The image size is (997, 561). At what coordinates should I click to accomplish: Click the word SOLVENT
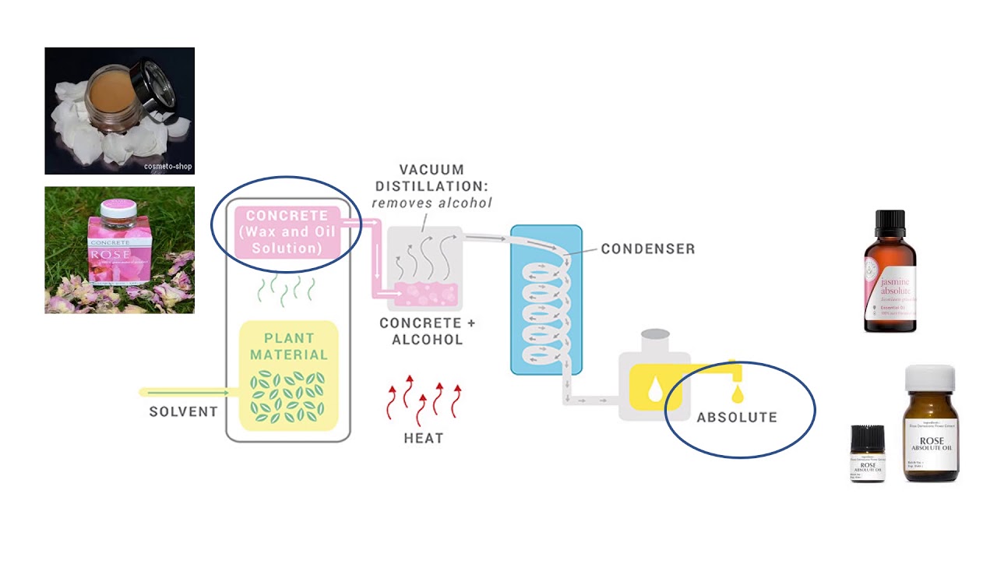coord(183,411)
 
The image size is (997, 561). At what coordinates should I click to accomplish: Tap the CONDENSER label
coord(647,249)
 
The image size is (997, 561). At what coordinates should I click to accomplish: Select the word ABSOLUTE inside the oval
coord(737,418)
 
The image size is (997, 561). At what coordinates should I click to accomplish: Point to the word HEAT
coord(424,439)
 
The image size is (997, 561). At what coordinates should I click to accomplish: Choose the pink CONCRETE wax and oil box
coord(288,231)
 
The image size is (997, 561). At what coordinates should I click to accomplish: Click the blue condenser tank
coord(546,300)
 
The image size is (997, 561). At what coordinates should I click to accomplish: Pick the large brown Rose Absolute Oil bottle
coord(931,429)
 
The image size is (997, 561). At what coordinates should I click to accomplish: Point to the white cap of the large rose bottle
coord(929,377)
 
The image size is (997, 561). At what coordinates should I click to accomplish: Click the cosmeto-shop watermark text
coord(167,166)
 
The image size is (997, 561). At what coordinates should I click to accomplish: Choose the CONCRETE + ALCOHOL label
coord(427,331)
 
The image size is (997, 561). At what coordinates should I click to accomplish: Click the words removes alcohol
coord(432,203)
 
